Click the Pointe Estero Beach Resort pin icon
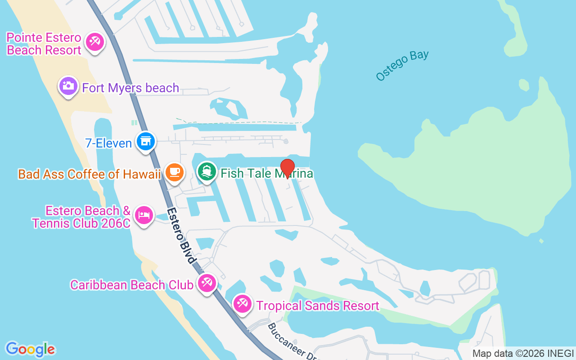pos(94,42)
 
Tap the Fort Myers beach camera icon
pos(68,86)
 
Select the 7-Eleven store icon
pos(145,141)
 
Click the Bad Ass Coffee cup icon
pos(174,172)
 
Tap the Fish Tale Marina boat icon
pos(207,172)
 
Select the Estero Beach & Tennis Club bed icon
pos(144,215)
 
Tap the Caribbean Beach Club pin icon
pos(207,283)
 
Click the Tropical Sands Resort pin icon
pos(243,304)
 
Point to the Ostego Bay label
pos(402,66)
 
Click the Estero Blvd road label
pos(182,235)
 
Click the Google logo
pos(30,349)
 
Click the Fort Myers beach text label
pos(130,88)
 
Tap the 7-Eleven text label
pos(108,143)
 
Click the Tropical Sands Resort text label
pos(318,306)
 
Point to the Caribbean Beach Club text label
pos(132,285)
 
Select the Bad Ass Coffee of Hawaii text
pos(90,174)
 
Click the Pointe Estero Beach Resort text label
pos(44,44)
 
